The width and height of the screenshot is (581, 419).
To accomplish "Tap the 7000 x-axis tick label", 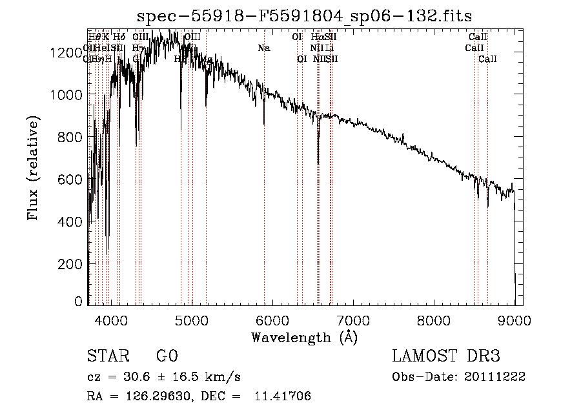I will click(x=353, y=320).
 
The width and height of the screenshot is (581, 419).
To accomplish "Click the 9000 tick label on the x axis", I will click(x=515, y=320).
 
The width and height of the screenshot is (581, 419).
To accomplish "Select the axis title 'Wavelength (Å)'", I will click(x=304, y=337).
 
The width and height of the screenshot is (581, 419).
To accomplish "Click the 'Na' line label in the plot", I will click(x=263, y=48).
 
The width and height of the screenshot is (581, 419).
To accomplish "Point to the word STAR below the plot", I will click(x=107, y=356).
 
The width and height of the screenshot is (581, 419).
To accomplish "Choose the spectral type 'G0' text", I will click(x=167, y=356).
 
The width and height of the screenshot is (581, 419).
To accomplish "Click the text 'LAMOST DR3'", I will click(x=445, y=356).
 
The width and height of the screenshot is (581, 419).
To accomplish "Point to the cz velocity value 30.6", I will click(x=138, y=376).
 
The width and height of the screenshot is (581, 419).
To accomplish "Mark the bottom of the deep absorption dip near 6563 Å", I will click(x=318, y=163).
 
